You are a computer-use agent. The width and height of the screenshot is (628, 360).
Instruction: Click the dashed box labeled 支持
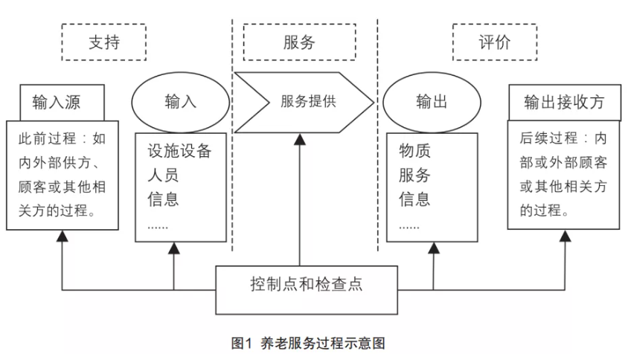(x=103, y=43)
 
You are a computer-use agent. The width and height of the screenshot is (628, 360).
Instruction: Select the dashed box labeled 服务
(x=300, y=43)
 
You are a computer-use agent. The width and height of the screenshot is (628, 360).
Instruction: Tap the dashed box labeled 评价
(x=495, y=43)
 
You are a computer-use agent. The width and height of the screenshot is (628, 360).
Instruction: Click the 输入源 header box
(x=61, y=102)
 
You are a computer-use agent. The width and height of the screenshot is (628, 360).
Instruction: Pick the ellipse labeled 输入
(x=179, y=102)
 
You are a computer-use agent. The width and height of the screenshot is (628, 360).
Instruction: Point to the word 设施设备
(x=179, y=152)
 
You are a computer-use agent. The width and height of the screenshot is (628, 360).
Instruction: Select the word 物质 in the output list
(x=414, y=152)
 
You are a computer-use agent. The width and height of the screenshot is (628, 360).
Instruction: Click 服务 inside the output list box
(x=414, y=176)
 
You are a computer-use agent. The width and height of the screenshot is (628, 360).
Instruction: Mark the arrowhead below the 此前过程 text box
(x=62, y=236)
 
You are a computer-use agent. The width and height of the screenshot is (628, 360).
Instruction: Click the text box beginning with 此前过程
(x=62, y=174)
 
